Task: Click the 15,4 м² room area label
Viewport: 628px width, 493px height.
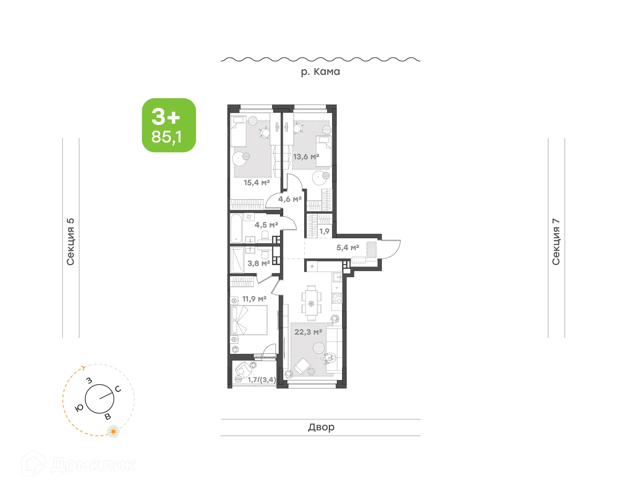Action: click(257, 183)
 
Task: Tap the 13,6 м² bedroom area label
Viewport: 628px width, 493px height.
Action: click(306, 157)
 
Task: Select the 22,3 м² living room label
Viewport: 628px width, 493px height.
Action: click(308, 332)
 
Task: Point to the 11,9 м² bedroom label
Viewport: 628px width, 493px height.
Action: click(254, 299)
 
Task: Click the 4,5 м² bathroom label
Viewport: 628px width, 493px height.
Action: click(266, 225)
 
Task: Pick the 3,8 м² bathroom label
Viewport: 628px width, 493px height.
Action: click(259, 263)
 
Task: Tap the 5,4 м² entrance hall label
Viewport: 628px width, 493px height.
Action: click(348, 248)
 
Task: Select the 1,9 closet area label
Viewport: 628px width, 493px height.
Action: click(324, 231)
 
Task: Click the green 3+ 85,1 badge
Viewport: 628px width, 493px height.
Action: click(169, 125)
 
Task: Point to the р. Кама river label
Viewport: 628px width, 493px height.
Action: click(320, 72)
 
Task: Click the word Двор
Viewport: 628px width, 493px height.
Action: click(321, 427)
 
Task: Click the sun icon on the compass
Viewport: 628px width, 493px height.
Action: click(113, 431)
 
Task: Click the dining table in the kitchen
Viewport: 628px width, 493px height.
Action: click(311, 303)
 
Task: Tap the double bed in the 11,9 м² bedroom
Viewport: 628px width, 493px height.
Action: click(249, 320)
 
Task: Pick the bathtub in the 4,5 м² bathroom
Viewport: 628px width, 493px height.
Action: click(236, 228)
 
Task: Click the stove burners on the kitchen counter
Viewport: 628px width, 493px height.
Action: click(337, 298)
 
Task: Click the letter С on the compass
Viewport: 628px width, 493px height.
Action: click(118, 389)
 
